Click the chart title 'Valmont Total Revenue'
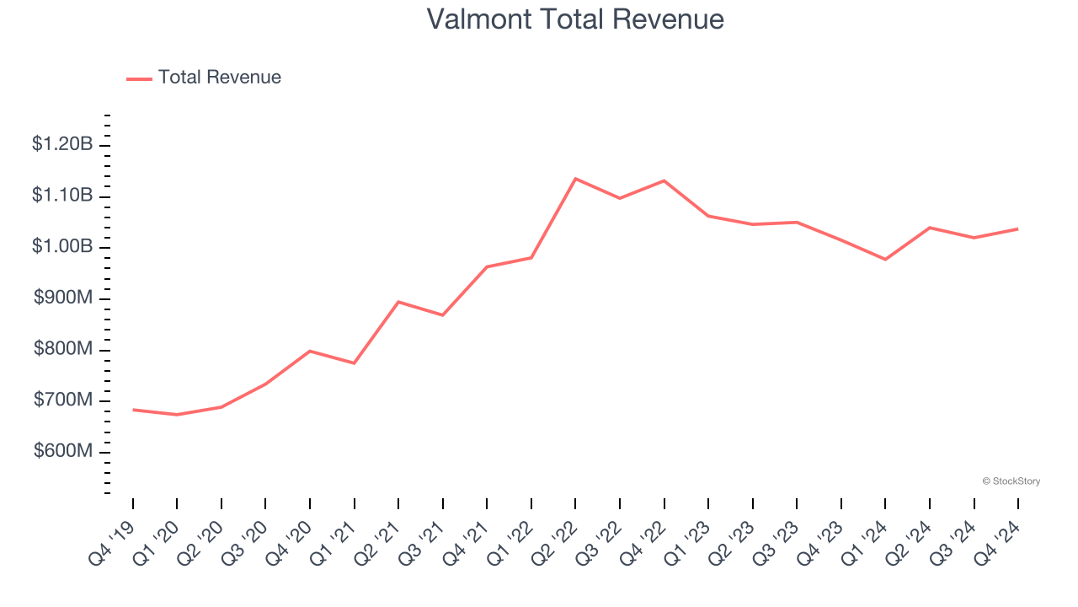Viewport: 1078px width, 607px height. click(x=575, y=19)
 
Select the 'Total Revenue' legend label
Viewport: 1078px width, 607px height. click(x=219, y=78)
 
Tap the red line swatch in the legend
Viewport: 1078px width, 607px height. click(x=139, y=78)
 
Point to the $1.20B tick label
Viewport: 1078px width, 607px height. click(x=62, y=144)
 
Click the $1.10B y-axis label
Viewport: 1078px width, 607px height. click(x=62, y=196)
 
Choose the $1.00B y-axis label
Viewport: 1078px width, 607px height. click(x=62, y=247)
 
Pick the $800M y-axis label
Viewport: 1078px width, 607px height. click(x=62, y=349)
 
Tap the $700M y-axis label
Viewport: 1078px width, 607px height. click(x=62, y=400)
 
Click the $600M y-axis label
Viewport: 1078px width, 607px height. click(x=62, y=451)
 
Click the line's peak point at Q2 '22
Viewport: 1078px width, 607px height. click(x=575, y=179)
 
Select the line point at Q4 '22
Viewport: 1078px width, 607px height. click(x=664, y=180)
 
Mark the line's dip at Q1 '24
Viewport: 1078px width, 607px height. click(x=885, y=259)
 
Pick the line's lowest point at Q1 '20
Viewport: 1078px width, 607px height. click(x=177, y=415)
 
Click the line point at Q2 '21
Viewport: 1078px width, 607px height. click(x=398, y=302)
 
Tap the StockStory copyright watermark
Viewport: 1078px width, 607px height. click(x=1011, y=481)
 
